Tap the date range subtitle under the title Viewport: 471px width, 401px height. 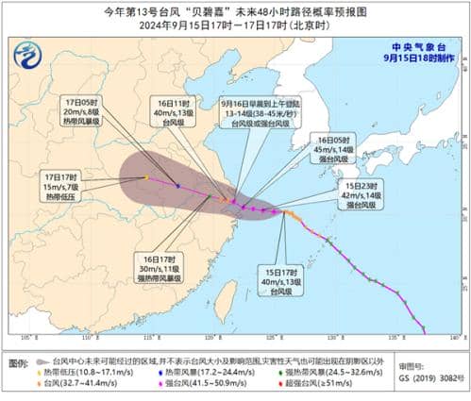(235, 26)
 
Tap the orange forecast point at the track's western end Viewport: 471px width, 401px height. (145, 177)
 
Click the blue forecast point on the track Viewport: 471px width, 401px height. (177, 186)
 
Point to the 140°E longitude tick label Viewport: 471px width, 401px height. (454, 337)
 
